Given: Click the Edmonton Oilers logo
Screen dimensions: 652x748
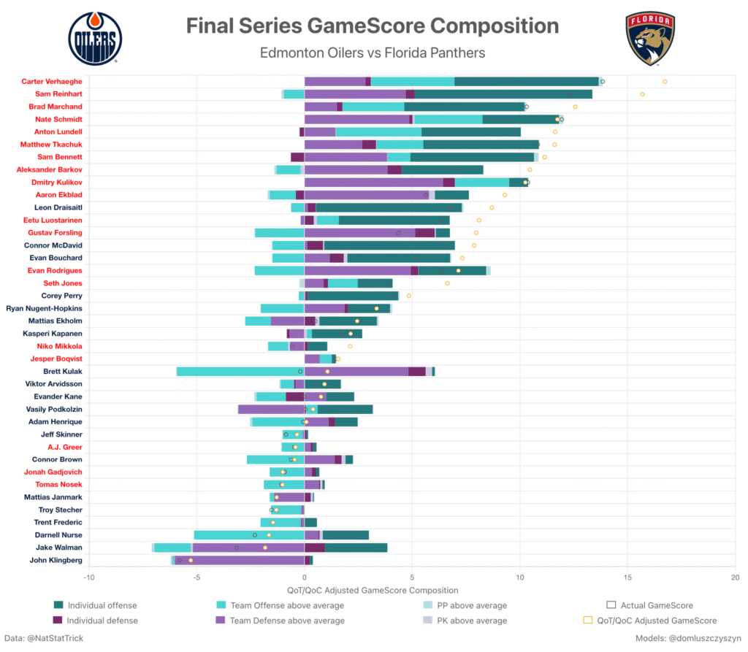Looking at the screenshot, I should point(95,39).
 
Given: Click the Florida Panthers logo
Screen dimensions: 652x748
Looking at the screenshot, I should point(649,39).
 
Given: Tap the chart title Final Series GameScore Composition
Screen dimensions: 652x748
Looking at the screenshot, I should point(373,26).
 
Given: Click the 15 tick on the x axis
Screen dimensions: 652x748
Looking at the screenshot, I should point(627,577).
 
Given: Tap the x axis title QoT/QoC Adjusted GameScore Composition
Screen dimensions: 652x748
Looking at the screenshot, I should point(373,590).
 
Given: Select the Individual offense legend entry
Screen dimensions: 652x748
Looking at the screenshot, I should point(102,605).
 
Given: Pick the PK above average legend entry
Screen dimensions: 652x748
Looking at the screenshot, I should point(471,621).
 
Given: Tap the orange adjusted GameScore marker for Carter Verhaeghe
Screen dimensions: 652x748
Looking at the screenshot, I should point(665,81).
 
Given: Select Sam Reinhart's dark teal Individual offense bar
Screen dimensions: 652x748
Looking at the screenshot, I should point(503,94).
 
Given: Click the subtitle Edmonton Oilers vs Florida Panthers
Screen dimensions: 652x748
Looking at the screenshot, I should point(373,53).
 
